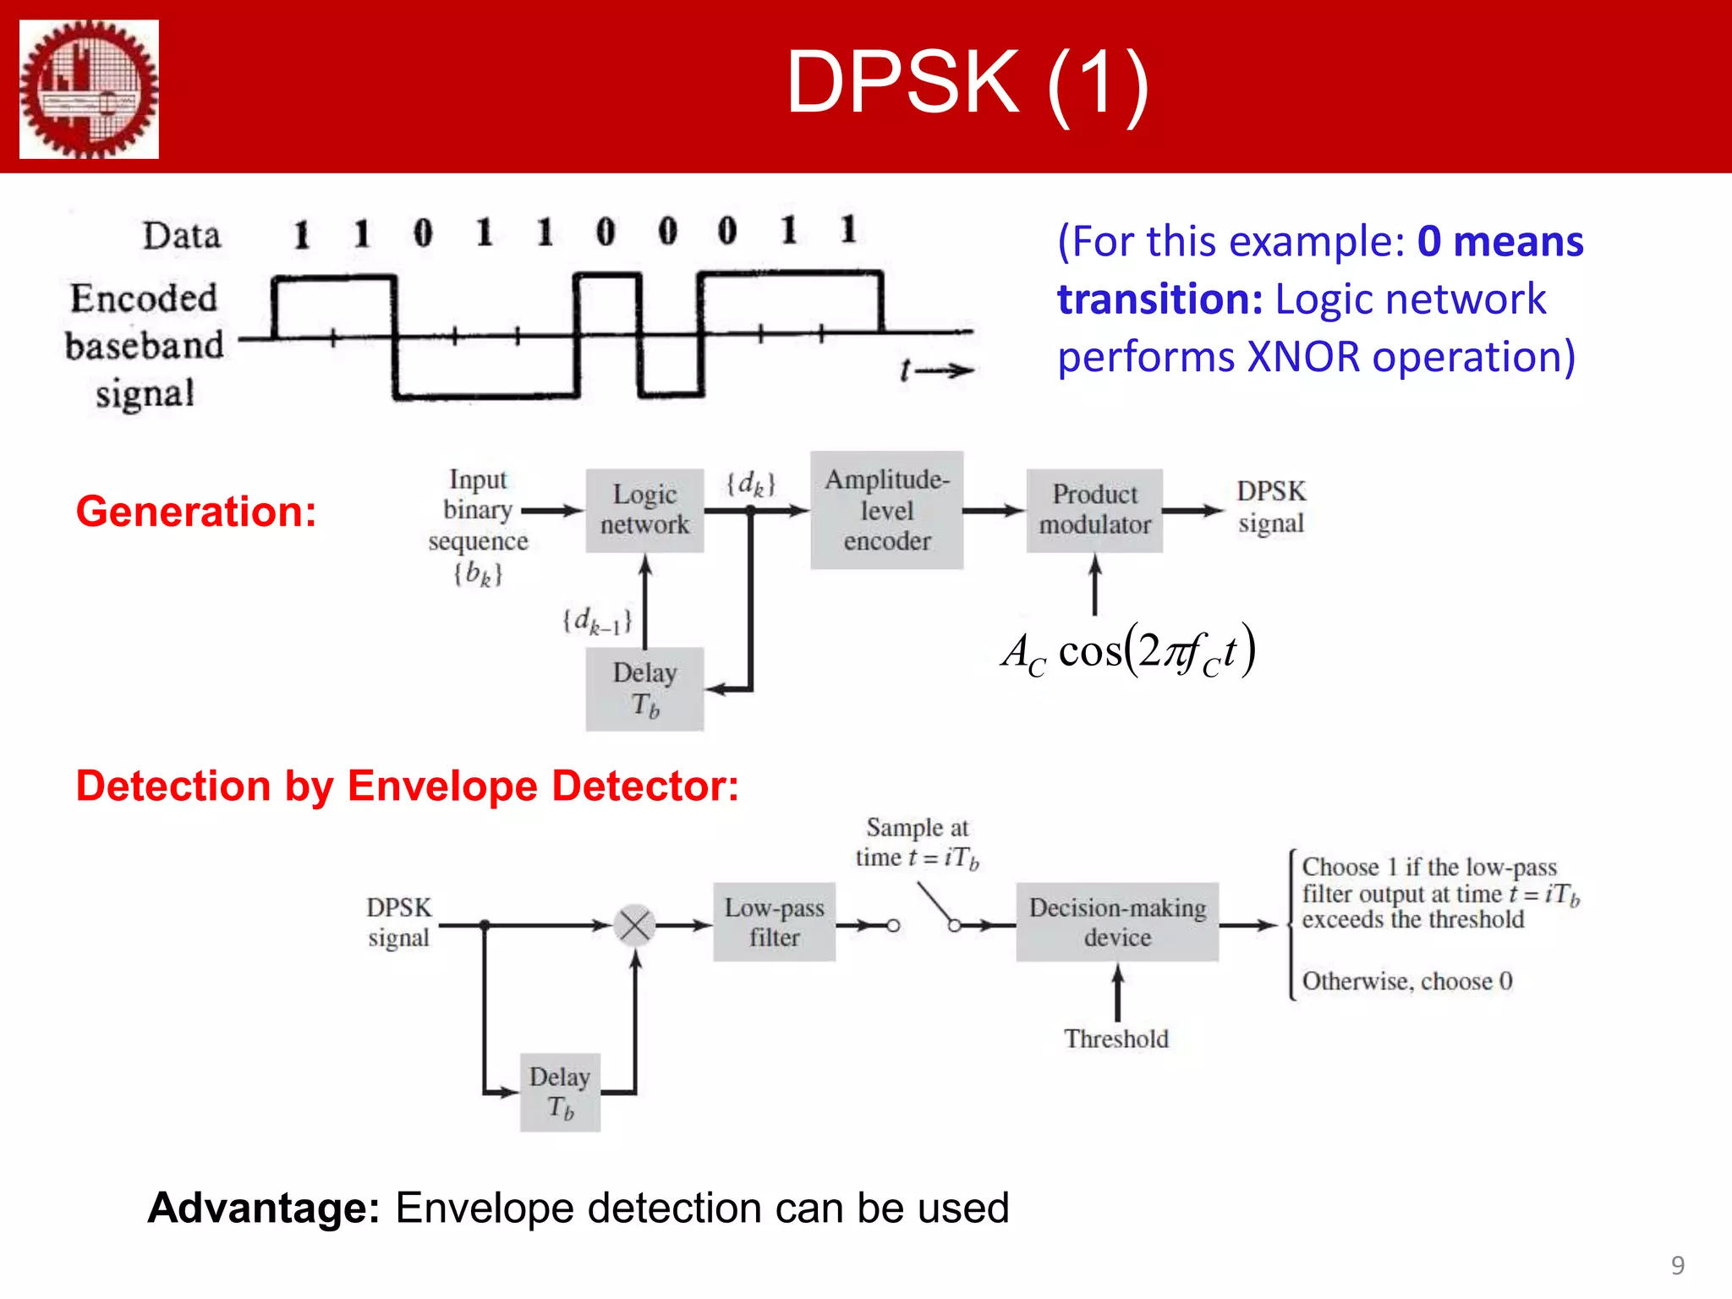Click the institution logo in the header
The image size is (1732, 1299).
click(89, 89)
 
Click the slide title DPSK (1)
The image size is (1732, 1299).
click(967, 82)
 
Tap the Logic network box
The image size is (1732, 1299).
click(644, 510)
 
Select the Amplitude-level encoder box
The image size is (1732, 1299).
click(886, 510)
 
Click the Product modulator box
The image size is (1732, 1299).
click(1094, 510)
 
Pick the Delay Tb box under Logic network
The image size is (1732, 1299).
click(644, 688)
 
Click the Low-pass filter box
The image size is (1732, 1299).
click(774, 922)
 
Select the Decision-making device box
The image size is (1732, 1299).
click(1117, 922)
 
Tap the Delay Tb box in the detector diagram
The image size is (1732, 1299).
click(560, 1092)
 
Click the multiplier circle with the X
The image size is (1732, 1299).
click(634, 924)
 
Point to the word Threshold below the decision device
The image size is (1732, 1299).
click(1116, 1039)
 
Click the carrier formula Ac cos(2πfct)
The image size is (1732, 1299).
click(1128, 651)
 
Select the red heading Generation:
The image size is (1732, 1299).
click(196, 512)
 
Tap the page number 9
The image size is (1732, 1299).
click(1678, 1265)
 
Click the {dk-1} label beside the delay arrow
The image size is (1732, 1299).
click(597, 622)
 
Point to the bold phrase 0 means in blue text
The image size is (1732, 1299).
click(1499, 242)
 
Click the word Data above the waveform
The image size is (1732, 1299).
click(181, 236)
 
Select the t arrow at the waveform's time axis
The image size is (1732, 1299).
click(936, 370)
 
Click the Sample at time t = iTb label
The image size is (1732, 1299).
click(917, 842)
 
